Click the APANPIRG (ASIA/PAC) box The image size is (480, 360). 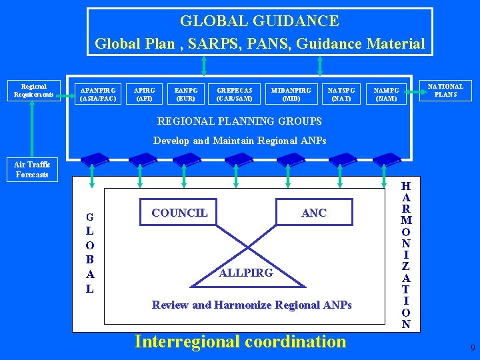[98, 94]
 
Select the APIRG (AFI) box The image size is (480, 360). [145, 94]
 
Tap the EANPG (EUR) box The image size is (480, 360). [186, 94]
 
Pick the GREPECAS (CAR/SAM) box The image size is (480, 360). [235, 94]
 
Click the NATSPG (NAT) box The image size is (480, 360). [341, 94]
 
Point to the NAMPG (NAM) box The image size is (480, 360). [387, 94]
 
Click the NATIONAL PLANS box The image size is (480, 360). [445, 91]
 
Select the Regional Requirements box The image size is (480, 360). [34, 91]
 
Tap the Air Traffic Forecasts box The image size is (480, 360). [32, 169]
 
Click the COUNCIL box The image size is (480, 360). [179, 213]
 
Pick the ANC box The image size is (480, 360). [314, 213]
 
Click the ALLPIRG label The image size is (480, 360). [246, 273]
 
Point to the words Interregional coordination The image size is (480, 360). [240, 341]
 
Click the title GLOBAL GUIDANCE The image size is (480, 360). [259, 21]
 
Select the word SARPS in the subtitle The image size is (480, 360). [225, 44]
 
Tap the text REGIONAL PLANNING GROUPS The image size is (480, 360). [239, 121]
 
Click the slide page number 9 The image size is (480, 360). [473, 348]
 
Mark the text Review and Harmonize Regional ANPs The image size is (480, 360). [251, 305]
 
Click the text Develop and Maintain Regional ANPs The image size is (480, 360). [239, 141]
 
